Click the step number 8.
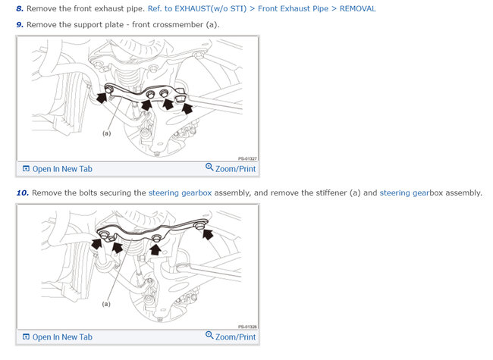pyautogui.click(x=20, y=9)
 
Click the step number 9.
pyautogui.click(x=20, y=25)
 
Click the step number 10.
pyautogui.click(x=22, y=193)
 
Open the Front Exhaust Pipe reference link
pyautogui.click(x=293, y=9)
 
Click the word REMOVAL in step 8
pyautogui.click(x=357, y=9)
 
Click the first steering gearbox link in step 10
pyautogui.click(x=181, y=193)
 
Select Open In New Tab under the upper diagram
pyautogui.click(x=58, y=169)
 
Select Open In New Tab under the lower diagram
pyautogui.click(x=58, y=337)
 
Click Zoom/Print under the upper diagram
pyautogui.click(x=231, y=168)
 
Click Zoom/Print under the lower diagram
pyautogui.click(x=231, y=337)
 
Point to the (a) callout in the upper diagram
pyautogui.click(x=107, y=133)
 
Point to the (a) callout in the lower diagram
pyautogui.click(x=106, y=304)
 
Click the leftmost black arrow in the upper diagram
pyautogui.click(x=102, y=97)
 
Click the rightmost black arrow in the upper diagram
pyautogui.click(x=187, y=108)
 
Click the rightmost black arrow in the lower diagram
pyautogui.click(x=208, y=234)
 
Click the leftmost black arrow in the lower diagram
pyautogui.click(x=96, y=243)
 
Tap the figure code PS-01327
pyautogui.click(x=247, y=158)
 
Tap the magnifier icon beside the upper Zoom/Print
pyautogui.click(x=209, y=167)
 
